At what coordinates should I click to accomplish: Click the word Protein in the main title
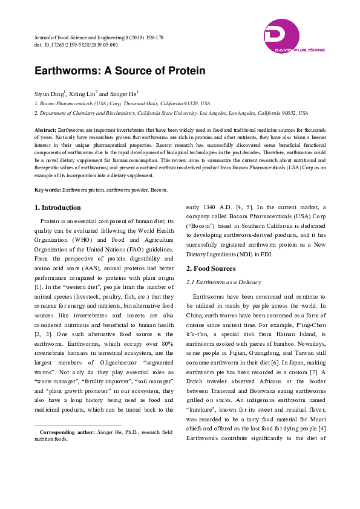click(184, 71)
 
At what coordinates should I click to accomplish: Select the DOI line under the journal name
click(76, 45)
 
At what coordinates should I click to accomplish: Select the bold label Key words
click(47, 189)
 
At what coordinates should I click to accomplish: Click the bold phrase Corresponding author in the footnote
click(67, 433)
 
